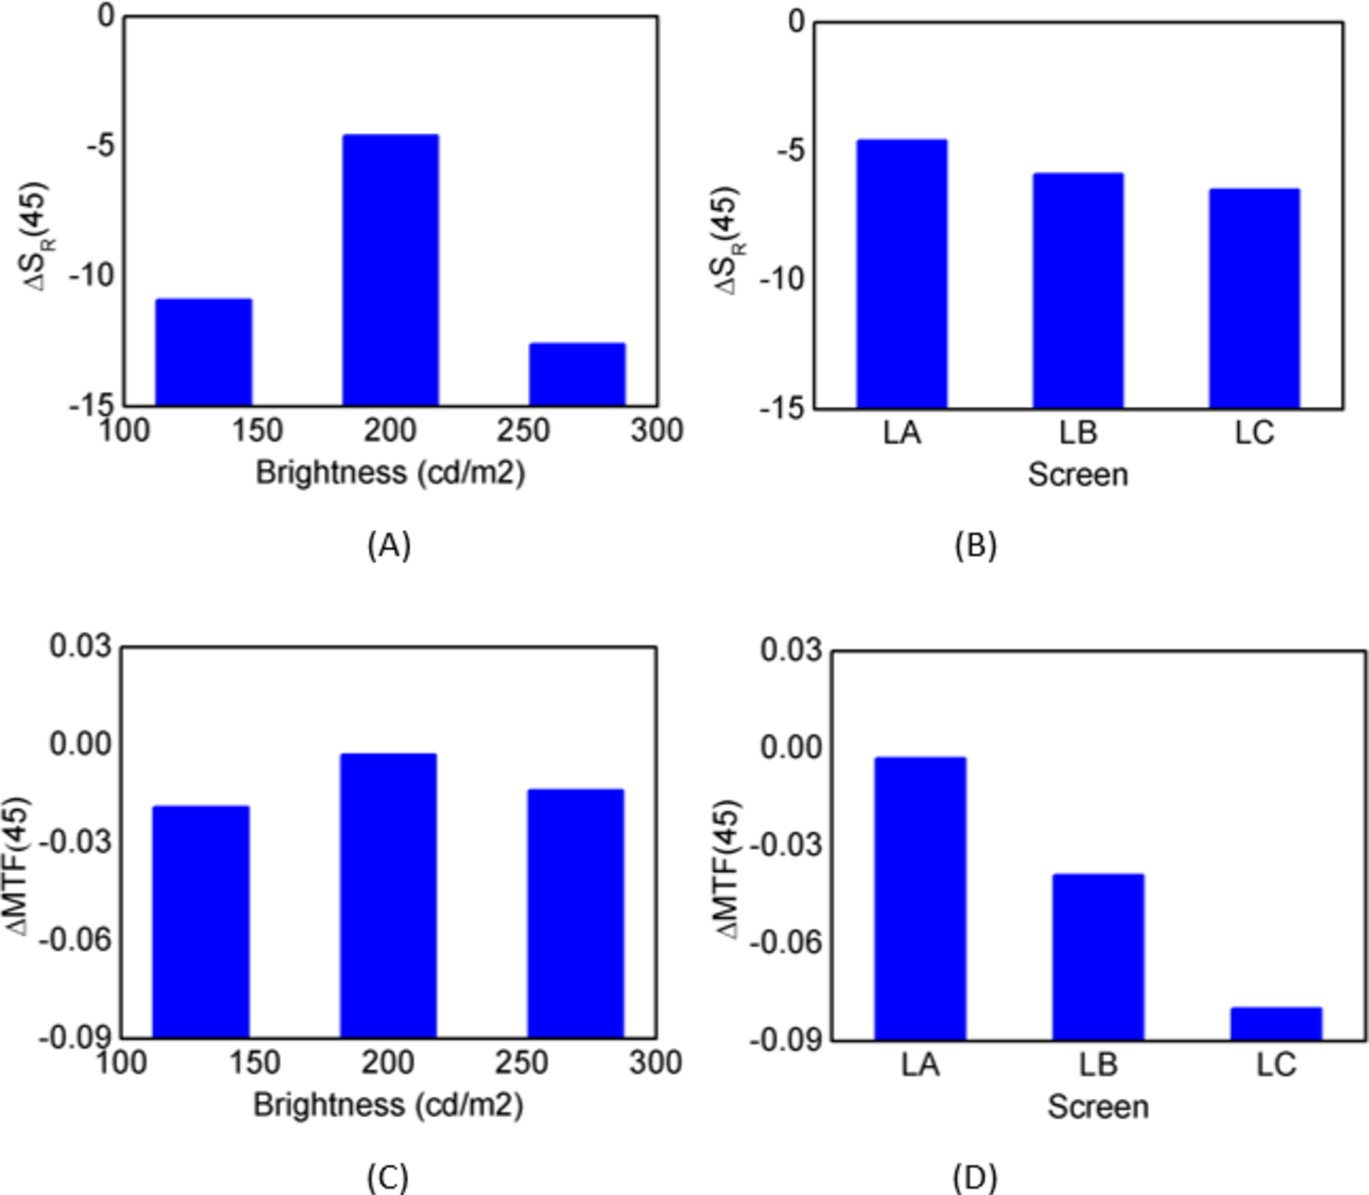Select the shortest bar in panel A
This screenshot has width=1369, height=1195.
pos(577,374)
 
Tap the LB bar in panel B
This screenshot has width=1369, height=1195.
pos(1078,290)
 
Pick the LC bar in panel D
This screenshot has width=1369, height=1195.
pos(1276,1023)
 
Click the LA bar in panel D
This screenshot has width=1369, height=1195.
pos(921,898)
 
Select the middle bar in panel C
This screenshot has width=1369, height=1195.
pos(388,895)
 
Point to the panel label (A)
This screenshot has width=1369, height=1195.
pos(389,545)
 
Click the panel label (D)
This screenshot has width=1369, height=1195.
pos(975,1177)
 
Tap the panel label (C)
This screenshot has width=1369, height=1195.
pos(388,1177)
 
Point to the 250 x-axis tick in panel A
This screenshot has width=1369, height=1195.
pos(523,431)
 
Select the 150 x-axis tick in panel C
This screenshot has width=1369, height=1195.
pos(255,1063)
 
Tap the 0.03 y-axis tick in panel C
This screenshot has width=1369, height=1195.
pos(80,647)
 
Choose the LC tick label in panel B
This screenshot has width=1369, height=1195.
pos(1254,433)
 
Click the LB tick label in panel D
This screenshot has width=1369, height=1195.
pos(1098,1065)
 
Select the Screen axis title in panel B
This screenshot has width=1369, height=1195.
pos(1078,474)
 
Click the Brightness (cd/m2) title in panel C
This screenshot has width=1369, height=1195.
pos(388,1104)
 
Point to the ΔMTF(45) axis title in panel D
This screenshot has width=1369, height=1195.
pos(728,868)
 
